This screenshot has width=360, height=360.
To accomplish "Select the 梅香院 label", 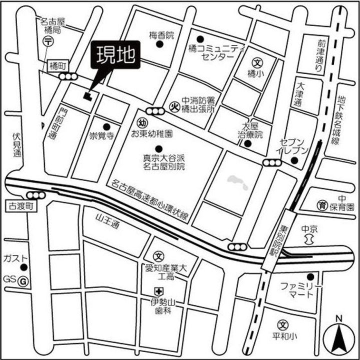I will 161,35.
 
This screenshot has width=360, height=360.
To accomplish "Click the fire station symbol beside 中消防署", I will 174,105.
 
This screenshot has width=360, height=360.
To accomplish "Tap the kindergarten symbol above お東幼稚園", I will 141,123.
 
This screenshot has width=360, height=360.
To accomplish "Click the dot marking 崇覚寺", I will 105,126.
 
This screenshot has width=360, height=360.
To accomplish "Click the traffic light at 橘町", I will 68,76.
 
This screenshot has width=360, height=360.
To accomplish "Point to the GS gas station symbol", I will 23,281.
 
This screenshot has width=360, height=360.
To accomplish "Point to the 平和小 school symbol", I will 283,324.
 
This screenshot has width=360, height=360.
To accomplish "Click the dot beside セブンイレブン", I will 294,161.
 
